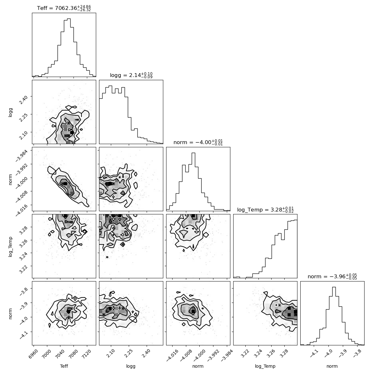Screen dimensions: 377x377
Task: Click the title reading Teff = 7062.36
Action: pos(64,8)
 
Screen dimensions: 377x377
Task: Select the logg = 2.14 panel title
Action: pos(131,75)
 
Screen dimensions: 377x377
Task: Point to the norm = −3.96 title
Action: pos(332,276)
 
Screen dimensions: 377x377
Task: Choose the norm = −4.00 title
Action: pos(198,142)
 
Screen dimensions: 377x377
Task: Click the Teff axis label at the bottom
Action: pos(64,366)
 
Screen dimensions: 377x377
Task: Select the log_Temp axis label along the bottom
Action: pos(265,366)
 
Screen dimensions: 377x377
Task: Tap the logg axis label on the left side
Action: pos(10,112)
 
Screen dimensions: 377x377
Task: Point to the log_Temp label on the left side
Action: pos(10,247)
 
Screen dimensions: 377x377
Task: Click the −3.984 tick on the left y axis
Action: pos(22,155)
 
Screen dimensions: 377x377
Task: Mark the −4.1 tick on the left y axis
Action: pos(24,335)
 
